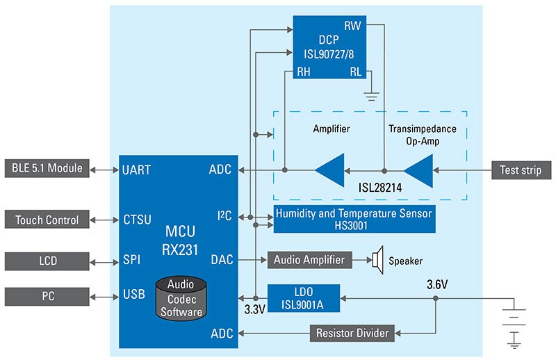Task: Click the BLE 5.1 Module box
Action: click(47, 168)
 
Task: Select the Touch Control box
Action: click(47, 220)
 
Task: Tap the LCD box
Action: click(47, 261)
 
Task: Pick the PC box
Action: click(47, 296)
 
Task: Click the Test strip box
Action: click(521, 170)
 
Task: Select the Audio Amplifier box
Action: click(309, 260)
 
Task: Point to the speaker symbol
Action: click(378, 260)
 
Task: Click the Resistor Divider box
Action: click(352, 333)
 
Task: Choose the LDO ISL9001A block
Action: click(304, 298)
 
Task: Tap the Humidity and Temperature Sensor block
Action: click(354, 219)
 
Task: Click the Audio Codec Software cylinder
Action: click(181, 298)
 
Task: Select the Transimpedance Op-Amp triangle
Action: click(418, 170)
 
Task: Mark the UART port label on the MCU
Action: click(136, 170)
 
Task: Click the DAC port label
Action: click(222, 260)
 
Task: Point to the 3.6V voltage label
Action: click(437, 284)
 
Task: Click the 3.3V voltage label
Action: click(254, 309)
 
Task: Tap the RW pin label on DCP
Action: click(352, 26)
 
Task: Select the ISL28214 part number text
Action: click(380, 187)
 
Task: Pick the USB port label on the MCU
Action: click(134, 294)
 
